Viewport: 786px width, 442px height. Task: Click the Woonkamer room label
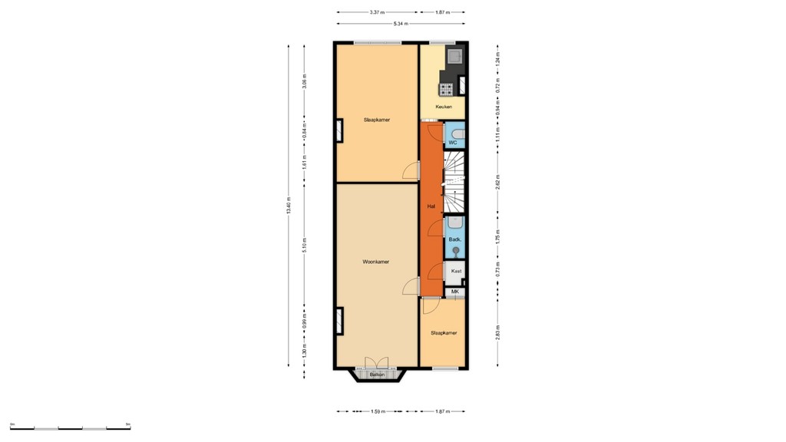(x=376, y=262)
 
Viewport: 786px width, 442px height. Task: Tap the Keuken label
(x=444, y=107)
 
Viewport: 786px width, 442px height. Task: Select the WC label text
(x=453, y=143)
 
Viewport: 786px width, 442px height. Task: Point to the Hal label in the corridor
(x=431, y=206)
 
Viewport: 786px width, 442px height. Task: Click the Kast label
(x=456, y=271)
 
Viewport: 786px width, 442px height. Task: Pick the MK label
(x=455, y=292)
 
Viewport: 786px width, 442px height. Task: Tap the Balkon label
(x=377, y=374)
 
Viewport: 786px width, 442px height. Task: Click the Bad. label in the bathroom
(x=454, y=239)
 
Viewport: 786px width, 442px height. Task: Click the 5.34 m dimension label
(x=401, y=24)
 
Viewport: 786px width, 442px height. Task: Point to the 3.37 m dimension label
(x=377, y=12)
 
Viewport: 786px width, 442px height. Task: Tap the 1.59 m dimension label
(x=378, y=411)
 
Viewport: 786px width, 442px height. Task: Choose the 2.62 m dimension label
(x=498, y=183)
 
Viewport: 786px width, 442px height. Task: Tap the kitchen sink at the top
(x=455, y=55)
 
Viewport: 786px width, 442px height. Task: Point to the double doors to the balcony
(x=377, y=363)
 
